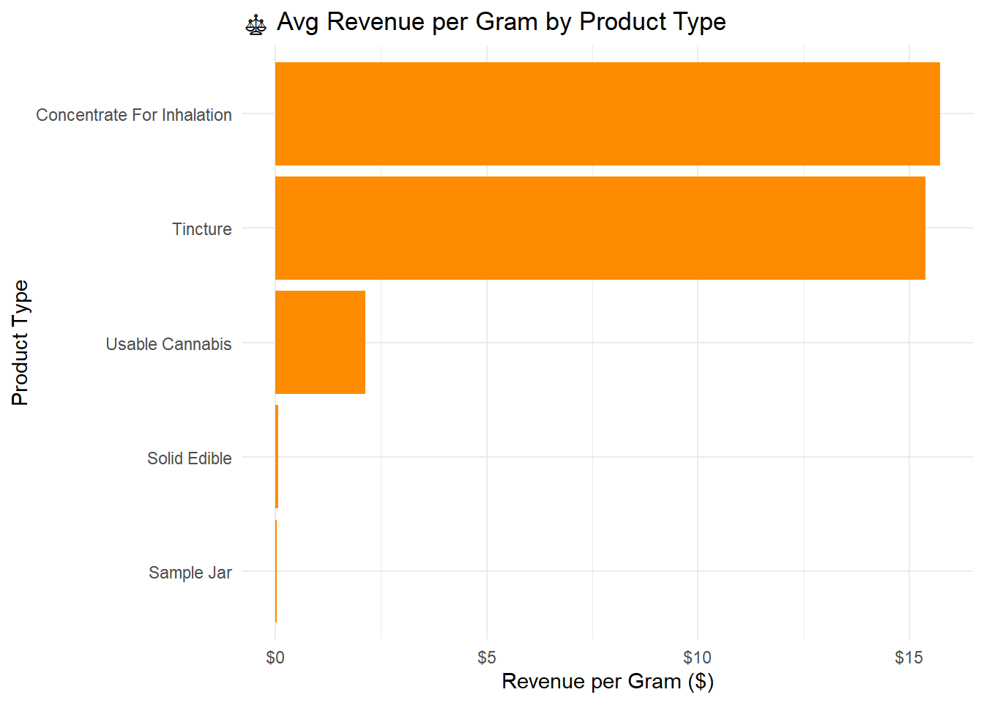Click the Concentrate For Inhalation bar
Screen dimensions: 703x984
coord(607,114)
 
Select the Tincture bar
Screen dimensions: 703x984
coord(600,228)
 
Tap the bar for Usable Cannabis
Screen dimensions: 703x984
coord(320,342)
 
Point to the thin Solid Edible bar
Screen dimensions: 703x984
coord(277,456)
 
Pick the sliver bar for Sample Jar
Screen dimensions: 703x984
coord(276,570)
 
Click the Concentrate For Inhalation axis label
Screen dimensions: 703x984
coord(134,115)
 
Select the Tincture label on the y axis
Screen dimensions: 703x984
coord(202,229)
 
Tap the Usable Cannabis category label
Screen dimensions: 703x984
coord(168,344)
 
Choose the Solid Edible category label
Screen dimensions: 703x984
coord(190,458)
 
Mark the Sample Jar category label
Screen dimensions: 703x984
coord(190,573)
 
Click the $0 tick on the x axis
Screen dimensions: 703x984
coord(275,658)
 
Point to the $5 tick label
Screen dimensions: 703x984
coord(487,658)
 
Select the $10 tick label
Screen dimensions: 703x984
coord(697,658)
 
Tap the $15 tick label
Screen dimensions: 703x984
coord(909,658)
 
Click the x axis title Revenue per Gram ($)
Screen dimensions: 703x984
coord(608,682)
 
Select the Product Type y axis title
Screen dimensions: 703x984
coord(20,343)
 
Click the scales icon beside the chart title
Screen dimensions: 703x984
coord(256,25)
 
